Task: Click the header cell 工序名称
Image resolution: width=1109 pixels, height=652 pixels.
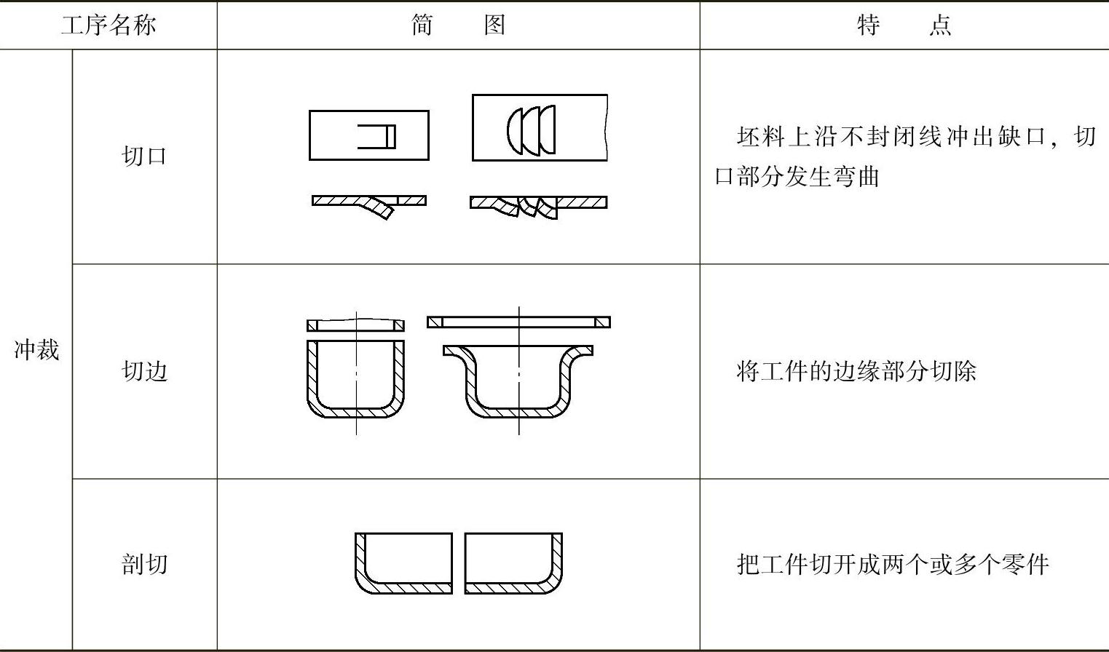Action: (108, 25)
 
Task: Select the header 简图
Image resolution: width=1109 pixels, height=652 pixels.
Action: (457, 25)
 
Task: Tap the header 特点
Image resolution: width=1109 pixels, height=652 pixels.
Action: (904, 25)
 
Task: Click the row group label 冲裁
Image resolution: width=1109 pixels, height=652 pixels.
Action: (36, 350)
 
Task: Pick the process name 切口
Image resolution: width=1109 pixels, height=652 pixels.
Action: (144, 156)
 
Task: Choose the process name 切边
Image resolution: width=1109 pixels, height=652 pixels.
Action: (144, 371)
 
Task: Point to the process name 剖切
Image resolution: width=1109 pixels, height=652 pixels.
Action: (144, 564)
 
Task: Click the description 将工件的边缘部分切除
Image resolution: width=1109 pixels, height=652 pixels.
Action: (856, 371)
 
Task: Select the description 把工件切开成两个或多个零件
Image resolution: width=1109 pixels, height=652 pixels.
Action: (893, 564)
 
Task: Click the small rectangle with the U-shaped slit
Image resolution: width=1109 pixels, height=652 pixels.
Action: (369, 135)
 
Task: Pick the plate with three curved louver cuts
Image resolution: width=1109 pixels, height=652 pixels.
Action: (540, 128)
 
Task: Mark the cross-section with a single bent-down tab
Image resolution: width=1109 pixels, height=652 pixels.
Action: (369, 204)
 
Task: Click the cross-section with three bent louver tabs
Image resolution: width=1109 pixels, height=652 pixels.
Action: (538, 205)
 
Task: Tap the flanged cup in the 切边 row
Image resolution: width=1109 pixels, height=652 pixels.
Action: (518, 382)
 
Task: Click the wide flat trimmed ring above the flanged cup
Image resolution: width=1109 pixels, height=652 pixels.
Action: (518, 322)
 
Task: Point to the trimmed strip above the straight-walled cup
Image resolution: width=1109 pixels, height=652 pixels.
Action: (355, 325)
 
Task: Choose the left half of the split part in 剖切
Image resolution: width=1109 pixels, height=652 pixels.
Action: (403, 563)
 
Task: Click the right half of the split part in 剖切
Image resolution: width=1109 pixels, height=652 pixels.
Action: (513, 563)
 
